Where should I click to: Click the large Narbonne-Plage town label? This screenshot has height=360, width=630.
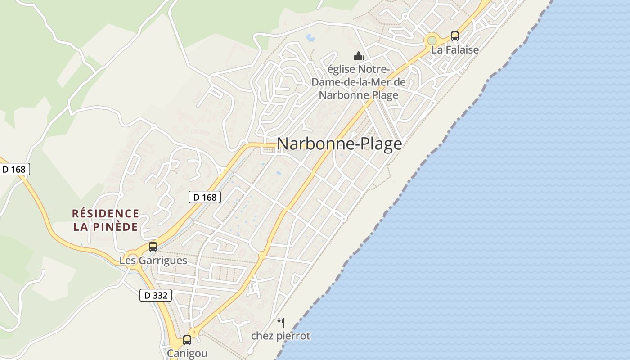(339, 144)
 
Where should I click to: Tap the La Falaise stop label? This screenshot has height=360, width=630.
(455, 50)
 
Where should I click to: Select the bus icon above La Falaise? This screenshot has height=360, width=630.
(455, 36)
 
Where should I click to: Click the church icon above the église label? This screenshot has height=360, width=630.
(359, 56)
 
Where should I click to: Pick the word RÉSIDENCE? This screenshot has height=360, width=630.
(106, 213)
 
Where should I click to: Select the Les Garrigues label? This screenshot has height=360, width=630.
(153, 261)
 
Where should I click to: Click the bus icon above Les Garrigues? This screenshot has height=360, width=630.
(153, 247)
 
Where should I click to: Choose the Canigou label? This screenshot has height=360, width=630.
(187, 353)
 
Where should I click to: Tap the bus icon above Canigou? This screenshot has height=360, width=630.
(187, 340)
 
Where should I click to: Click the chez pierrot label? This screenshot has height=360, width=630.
(281, 336)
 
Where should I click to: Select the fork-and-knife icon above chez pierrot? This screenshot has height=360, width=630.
(281, 322)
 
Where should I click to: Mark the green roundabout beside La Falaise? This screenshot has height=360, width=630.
(432, 40)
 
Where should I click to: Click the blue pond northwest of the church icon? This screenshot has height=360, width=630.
(310, 37)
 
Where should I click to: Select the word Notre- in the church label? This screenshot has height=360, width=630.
(374, 70)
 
